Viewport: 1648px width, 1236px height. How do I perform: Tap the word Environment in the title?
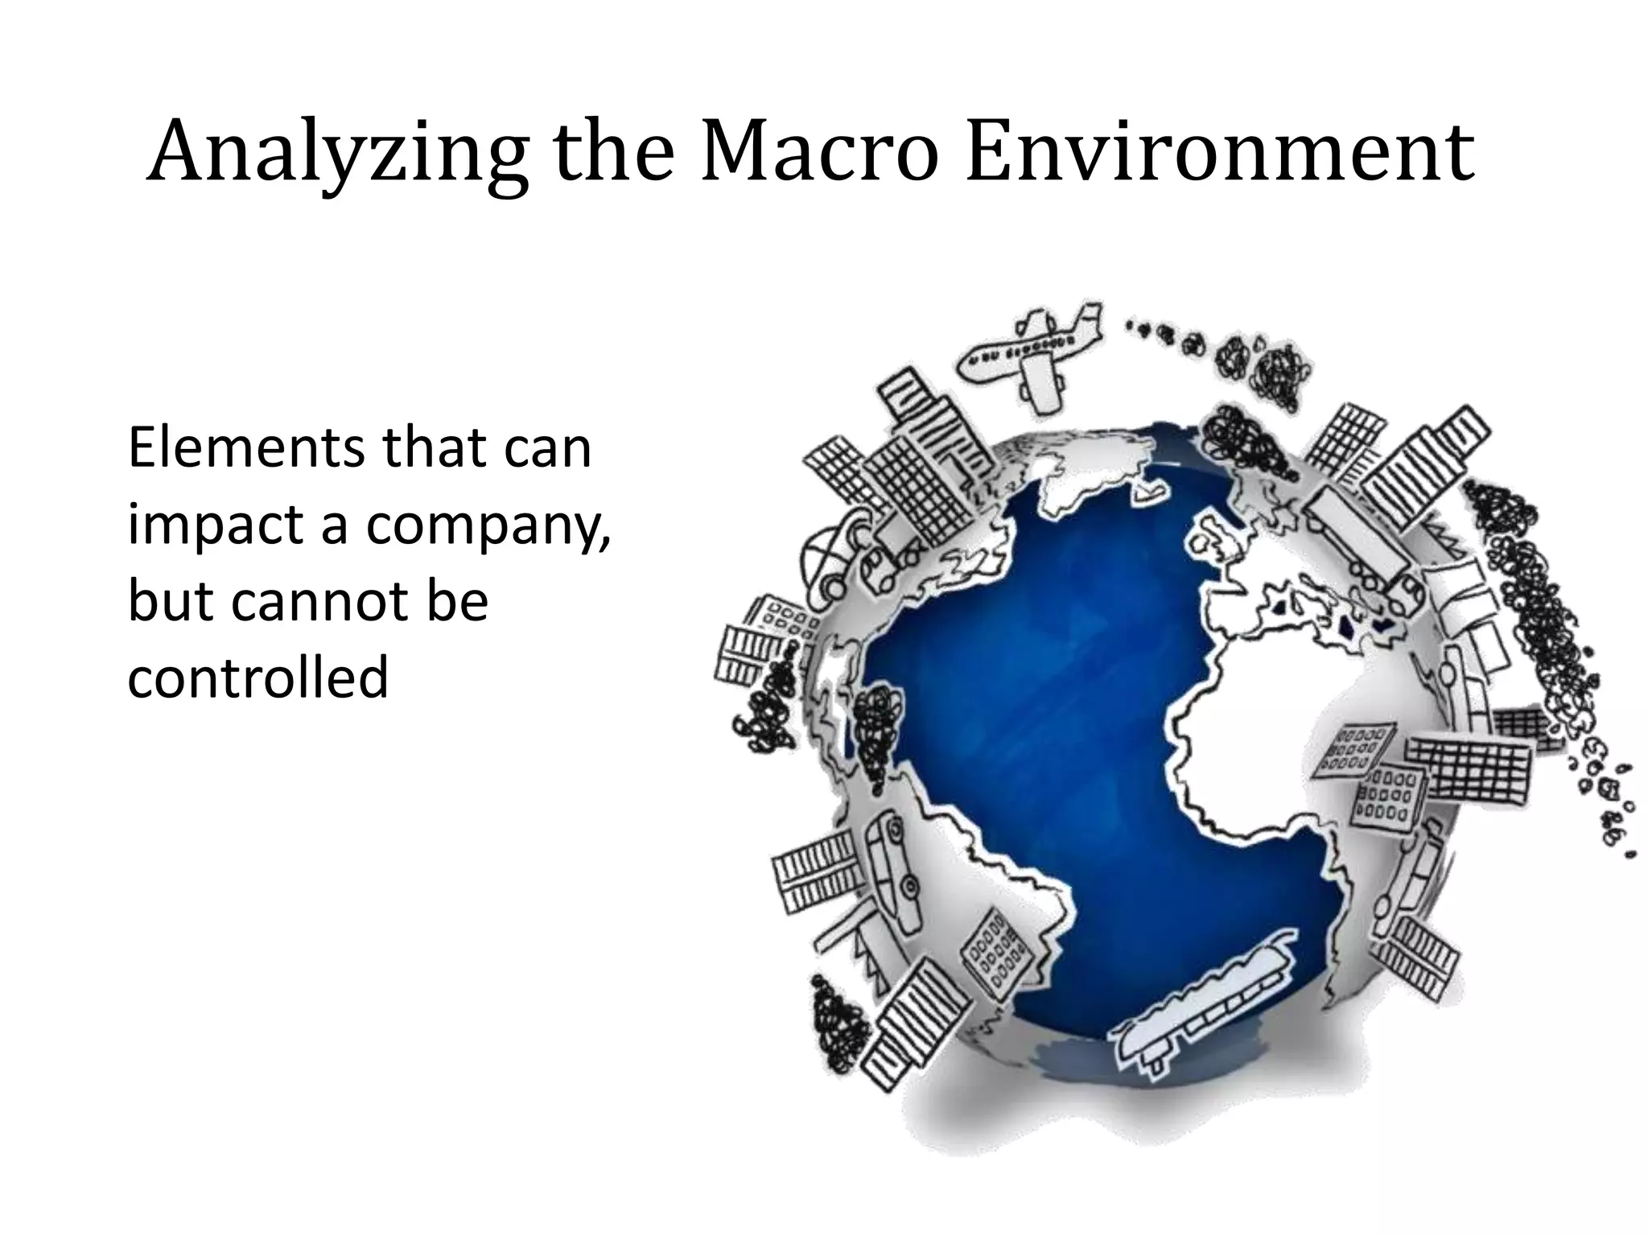[x=1219, y=153]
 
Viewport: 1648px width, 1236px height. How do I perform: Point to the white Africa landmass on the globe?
[x=1279, y=724]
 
